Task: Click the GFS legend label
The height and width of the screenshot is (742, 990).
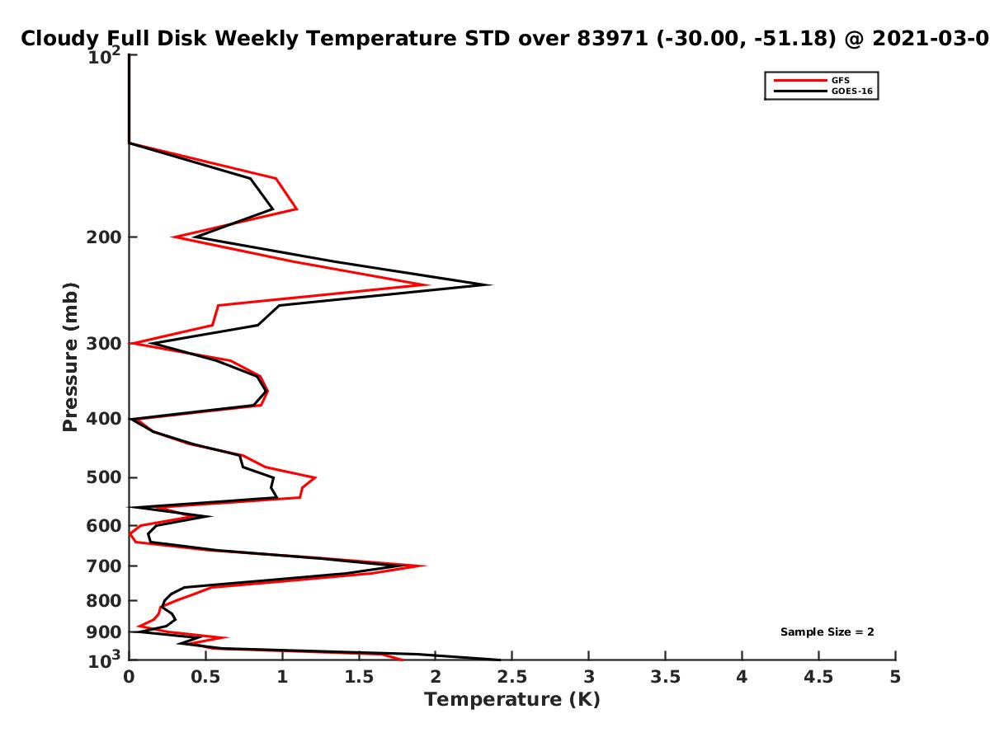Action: pyautogui.click(x=840, y=80)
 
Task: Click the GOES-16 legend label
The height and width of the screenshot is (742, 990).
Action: pyautogui.click(x=851, y=91)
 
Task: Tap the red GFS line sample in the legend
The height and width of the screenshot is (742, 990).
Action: pyautogui.click(x=800, y=80)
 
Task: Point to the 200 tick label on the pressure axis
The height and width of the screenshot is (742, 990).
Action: pyautogui.click(x=104, y=237)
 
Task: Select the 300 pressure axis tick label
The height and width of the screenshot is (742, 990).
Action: pyautogui.click(x=104, y=344)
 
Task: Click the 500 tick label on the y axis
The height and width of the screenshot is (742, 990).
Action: pyautogui.click(x=104, y=477)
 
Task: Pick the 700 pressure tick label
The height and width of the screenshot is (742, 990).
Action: pyautogui.click(x=104, y=566)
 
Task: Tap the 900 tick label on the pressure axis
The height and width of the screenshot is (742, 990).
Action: pyautogui.click(x=104, y=632)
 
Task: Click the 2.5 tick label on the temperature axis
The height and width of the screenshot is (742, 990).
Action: pyautogui.click(x=512, y=677)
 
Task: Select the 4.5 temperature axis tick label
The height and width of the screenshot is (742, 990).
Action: pyautogui.click(x=818, y=677)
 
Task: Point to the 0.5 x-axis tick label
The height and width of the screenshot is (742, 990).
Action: pyautogui.click(x=205, y=677)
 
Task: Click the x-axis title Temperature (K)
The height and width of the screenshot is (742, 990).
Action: pyautogui.click(x=512, y=700)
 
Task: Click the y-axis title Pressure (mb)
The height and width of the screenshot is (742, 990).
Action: pyautogui.click(x=70, y=357)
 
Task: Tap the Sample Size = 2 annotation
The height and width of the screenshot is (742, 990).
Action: pyautogui.click(x=827, y=632)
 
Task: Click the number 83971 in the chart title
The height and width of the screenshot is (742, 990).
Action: pyautogui.click(x=612, y=39)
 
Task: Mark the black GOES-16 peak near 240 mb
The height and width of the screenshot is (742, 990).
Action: pyautogui.click(x=491, y=284)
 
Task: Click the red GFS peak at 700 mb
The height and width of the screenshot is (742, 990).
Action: pyautogui.click(x=425, y=566)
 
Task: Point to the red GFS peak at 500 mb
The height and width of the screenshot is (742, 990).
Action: pyautogui.click(x=315, y=477)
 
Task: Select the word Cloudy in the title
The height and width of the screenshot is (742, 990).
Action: pyautogui.click(x=59, y=40)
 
